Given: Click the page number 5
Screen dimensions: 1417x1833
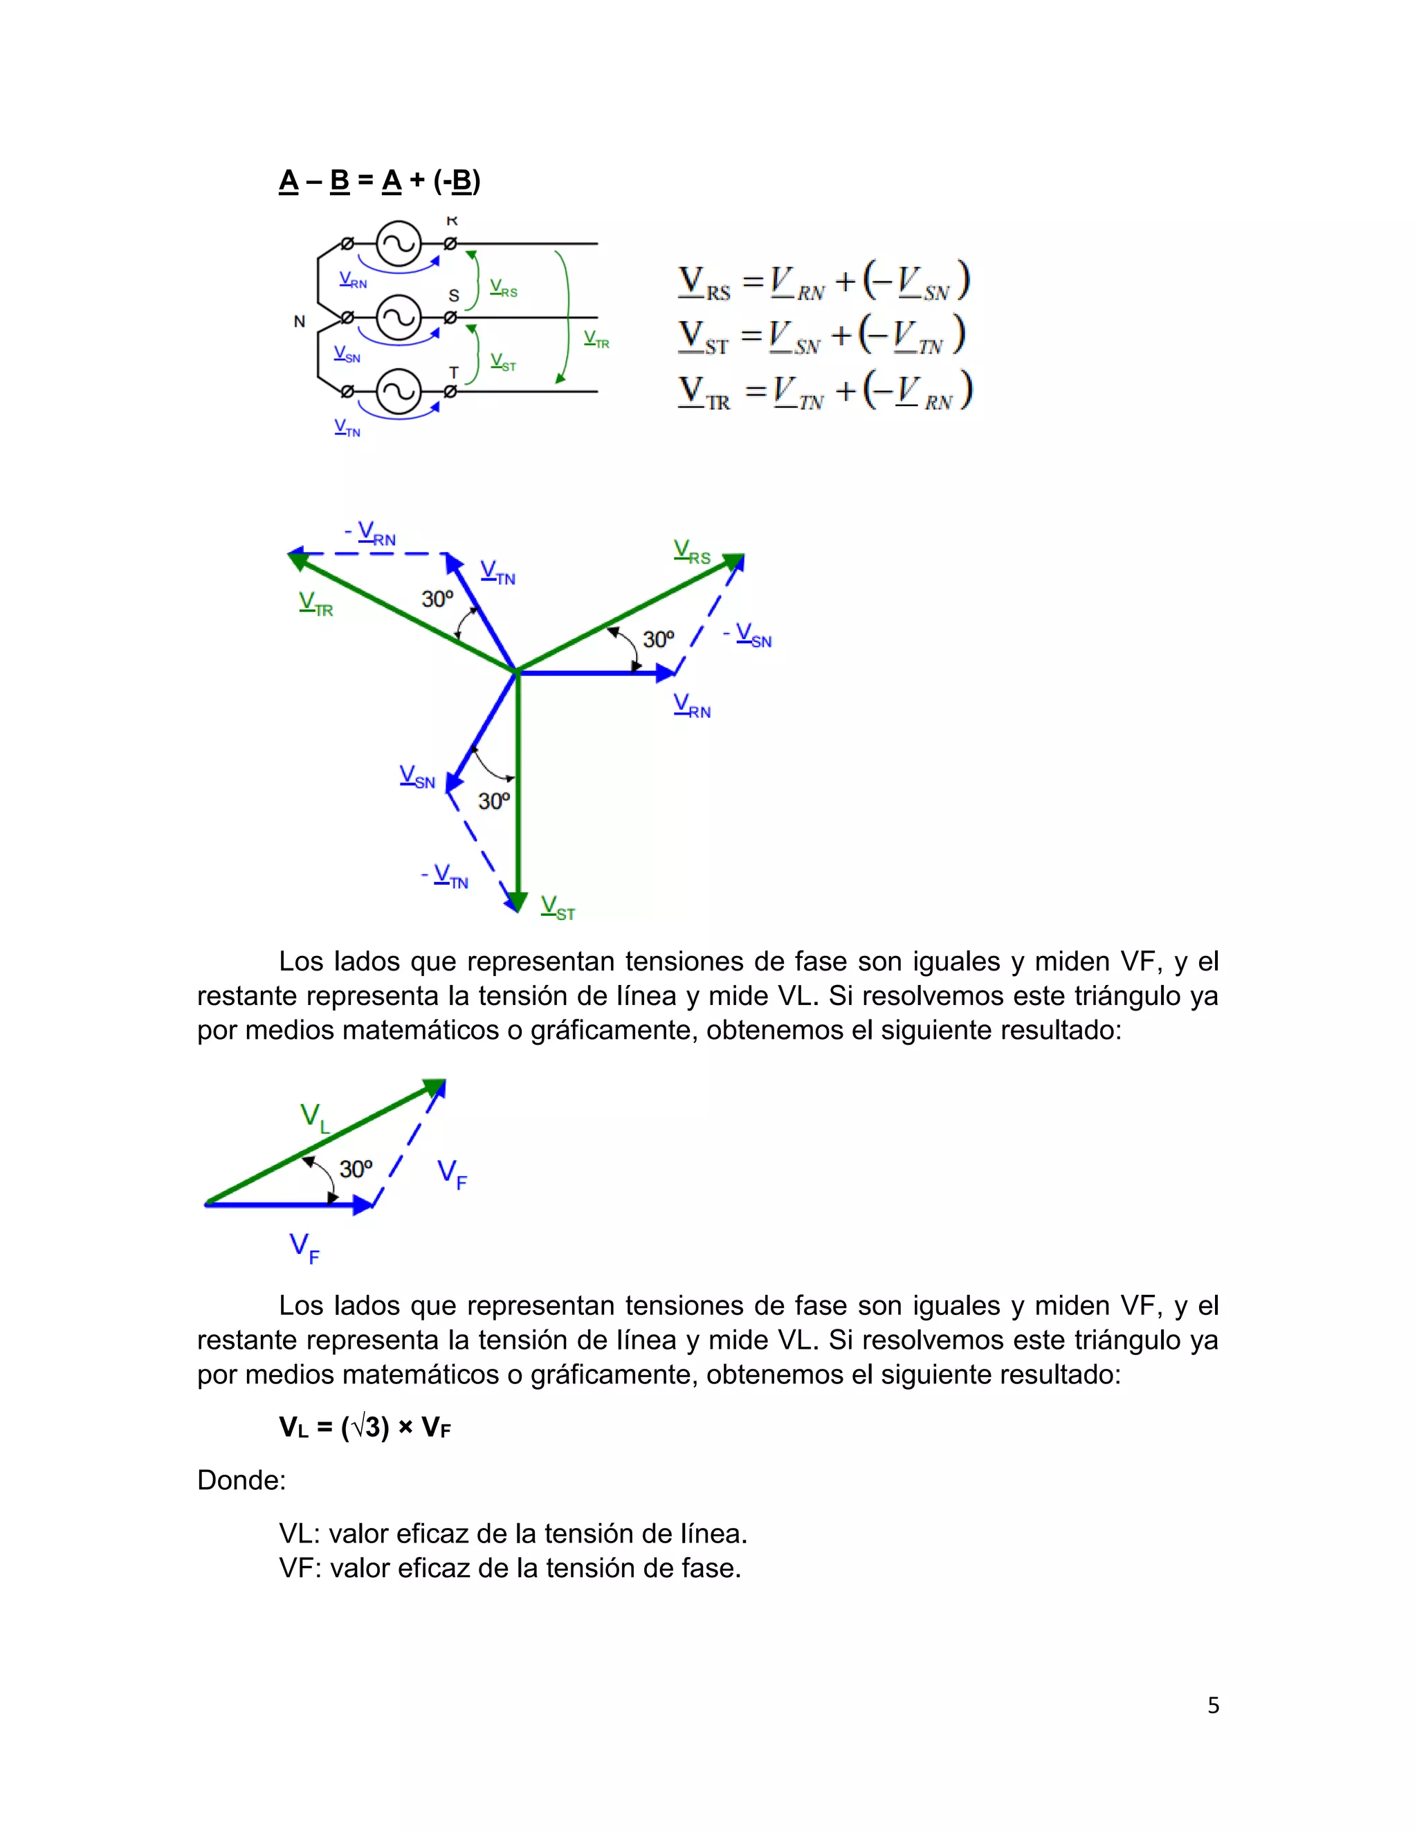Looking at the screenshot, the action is point(1213,1704).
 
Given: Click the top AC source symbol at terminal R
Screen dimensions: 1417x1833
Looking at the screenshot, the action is point(398,244).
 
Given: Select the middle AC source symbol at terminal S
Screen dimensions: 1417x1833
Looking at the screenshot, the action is point(398,317).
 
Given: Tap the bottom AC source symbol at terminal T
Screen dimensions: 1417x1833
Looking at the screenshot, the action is point(398,391).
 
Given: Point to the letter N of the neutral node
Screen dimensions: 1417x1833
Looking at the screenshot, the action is point(300,322).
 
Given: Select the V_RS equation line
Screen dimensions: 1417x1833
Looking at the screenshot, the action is point(823,282).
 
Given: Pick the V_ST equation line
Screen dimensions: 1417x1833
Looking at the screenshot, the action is point(822,335).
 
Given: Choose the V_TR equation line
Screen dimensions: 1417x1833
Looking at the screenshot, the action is point(824,391).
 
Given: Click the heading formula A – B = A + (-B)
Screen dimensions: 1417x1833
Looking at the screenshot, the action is point(379,181).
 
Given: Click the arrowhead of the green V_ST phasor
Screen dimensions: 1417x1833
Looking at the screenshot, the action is point(518,901).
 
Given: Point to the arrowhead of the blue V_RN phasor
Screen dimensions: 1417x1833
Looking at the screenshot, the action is point(665,672).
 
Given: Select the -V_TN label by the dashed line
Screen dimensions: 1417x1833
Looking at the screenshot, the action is point(445,877).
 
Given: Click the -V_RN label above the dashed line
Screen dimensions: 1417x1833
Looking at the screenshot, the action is point(370,534).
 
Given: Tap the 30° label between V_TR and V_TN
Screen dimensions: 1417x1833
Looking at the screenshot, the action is point(437,598).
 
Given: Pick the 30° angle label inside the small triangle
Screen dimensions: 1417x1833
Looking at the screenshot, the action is point(356,1168).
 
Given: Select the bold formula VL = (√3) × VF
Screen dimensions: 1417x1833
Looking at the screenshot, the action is point(365,1427).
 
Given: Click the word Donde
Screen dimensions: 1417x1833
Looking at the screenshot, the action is point(241,1480).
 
